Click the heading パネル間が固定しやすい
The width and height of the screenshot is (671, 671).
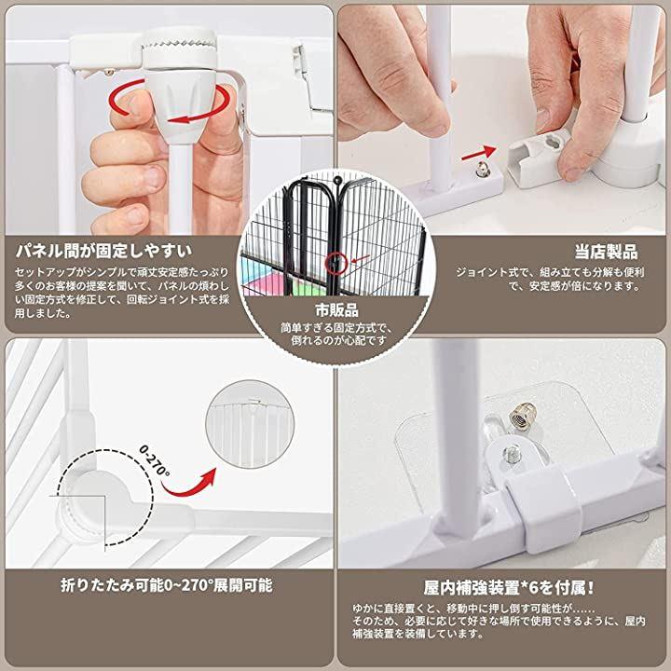(104, 251)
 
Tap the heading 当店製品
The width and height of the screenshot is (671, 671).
(606, 252)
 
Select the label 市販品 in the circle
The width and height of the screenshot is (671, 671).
(336, 309)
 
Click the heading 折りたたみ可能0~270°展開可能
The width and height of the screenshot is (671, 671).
(167, 585)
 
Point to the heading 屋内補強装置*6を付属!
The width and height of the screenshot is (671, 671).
(509, 587)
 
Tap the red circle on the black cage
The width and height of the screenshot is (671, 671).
(335, 263)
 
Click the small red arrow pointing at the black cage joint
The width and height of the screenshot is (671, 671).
(361, 258)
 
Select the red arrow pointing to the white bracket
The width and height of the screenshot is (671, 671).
(478, 153)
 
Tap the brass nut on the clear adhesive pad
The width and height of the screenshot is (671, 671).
(522, 415)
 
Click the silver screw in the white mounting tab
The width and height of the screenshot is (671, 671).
(512, 453)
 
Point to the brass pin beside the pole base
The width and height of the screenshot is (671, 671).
(484, 169)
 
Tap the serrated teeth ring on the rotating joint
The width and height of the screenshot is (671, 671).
(179, 44)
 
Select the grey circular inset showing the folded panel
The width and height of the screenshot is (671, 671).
(250, 424)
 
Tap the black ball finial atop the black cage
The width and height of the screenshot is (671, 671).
(337, 179)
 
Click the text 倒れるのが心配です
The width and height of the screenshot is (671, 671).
(339, 340)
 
